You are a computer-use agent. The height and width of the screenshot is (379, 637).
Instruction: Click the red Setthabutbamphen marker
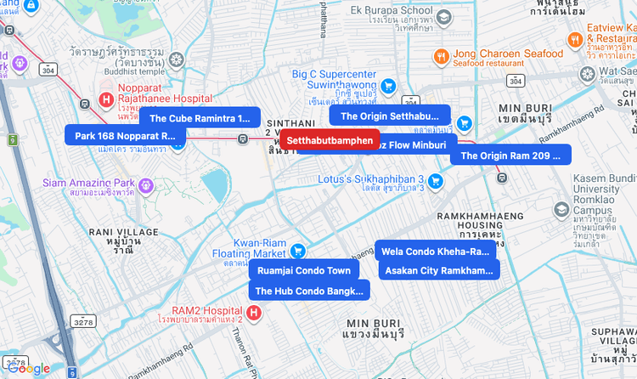330,140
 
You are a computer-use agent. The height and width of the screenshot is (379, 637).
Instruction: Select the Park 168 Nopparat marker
125,135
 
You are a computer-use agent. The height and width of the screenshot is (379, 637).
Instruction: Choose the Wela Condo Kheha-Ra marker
435,251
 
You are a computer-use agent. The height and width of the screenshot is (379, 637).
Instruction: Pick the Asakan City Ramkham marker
438,270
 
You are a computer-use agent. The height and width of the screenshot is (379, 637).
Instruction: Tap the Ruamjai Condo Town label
303,270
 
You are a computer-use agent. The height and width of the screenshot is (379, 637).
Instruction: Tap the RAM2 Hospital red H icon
253,312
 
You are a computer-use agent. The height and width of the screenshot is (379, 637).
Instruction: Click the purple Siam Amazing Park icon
146,184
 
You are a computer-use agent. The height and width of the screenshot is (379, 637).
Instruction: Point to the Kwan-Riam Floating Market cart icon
298,251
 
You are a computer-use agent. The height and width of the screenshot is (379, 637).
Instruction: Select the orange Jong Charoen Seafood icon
440,57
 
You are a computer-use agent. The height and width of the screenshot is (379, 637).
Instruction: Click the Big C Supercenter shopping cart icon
388,85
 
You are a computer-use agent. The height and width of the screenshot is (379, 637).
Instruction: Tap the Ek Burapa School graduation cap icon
444,17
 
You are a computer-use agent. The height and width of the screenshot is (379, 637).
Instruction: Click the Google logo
29,368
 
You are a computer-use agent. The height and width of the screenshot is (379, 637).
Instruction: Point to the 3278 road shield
83,322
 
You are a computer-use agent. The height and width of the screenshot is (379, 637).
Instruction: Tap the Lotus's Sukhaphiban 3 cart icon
436,180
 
